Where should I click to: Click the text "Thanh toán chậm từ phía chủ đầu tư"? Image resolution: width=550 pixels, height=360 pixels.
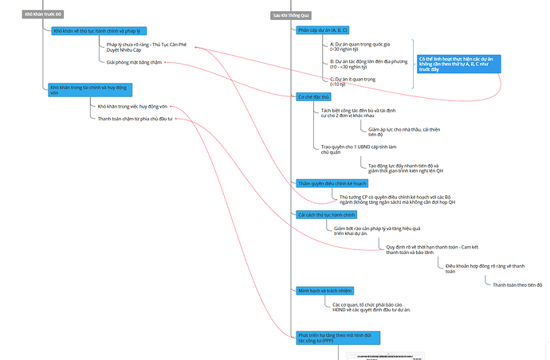pyautogui.click(x=135, y=119)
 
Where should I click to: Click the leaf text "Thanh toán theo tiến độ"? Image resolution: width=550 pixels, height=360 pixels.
pyautogui.click(x=517, y=284)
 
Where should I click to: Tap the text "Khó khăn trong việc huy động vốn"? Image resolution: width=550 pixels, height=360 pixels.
pyautogui.click(x=132, y=106)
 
